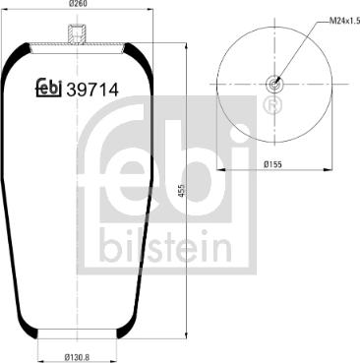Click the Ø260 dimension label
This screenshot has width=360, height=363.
pyautogui.click(x=78, y=4)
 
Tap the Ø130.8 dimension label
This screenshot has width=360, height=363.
pyautogui.click(x=78, y=357)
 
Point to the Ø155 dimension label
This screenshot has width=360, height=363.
pyautogui.click(x=272, y=164)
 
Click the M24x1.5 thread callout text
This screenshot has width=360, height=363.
pyautogui.click(x=344, y=22)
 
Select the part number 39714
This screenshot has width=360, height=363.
pyautogui.click(x=92, y=90)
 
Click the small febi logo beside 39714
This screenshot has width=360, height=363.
pyautogui.click(x=48, y=88)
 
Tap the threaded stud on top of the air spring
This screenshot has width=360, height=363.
pyautogui.click(x=78, y=33)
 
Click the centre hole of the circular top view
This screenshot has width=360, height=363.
pyautogui.click(x=274, y=85)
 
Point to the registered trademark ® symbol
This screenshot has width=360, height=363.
pyautogui.click(x=272, y=104)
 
